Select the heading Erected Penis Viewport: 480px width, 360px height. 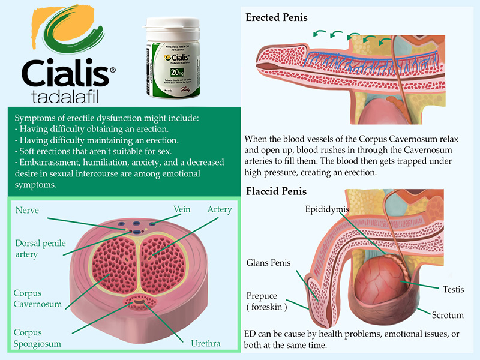(277, 17)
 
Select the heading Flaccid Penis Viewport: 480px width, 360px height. (276, 191)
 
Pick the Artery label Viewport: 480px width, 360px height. (220, 209)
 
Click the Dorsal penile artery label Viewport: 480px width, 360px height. (41, 248)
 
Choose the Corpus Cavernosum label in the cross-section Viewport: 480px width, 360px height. (38, 298)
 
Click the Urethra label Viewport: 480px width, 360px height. (205, 344)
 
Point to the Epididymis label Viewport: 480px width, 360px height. (326, 209)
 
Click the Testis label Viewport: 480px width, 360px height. (454, 289)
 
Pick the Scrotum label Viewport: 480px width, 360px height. (448, 314)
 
